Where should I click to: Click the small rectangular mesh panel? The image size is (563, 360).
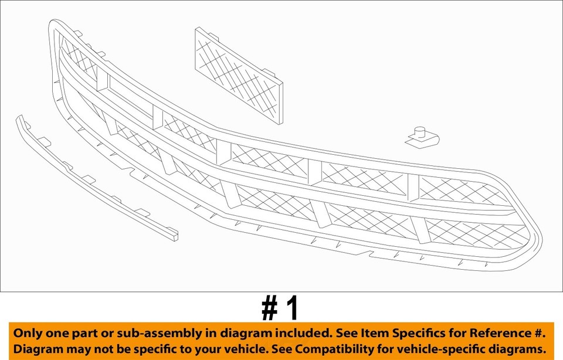(x=239, y=74)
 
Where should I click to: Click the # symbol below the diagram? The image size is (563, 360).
(x=269, y=308)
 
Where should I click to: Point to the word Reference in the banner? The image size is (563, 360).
(x=499, y=333)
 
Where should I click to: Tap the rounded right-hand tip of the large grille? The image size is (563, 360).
(x=538, y=243)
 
